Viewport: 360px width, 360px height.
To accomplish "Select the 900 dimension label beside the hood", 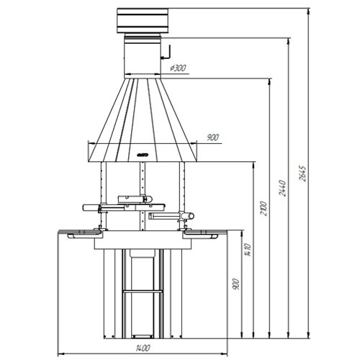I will (x=212, y=136).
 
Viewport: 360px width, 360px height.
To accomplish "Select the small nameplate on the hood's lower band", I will (x=143, y=154).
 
